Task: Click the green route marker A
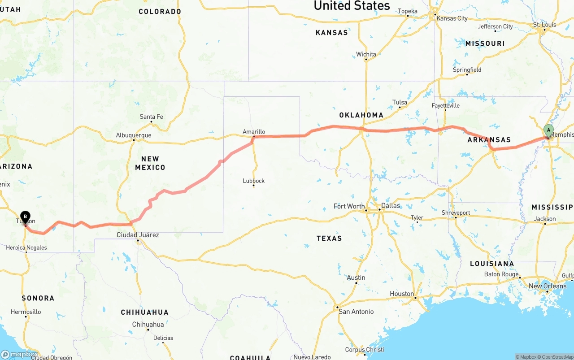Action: pyautogui.click(x=548, y=130)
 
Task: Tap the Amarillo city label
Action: pyautogui.click(x=254, y=132)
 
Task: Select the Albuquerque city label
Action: pyautogui.click(x=134, y=135)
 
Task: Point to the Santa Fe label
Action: pyautogui.click(x=151, y=117)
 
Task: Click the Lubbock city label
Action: pyautogui.click(x=254, y=181)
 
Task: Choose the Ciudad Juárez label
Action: pyautogui.click(x=138, y=235)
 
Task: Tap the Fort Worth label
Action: pyautogui.click(x=349, y=206)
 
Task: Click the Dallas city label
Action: pyautogui.click(x=390, y=206)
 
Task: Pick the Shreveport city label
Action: pyautogui.click(x=456, y=213)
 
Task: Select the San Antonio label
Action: pyautogui.click(x=356, y=312)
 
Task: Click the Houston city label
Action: pyautogui.click(x=402, y=294)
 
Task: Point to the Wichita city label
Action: pyautogui.click(x=366, y=54)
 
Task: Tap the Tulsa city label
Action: pyautogui.click(x=400, y=102)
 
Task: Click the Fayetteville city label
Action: pyautogui.click(x=445, y=106)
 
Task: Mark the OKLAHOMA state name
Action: pyautogui.click(x=361, y=115)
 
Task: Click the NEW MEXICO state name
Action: pyautogui.click(x=150, y=163)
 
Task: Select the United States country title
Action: pyautogui.click(x=352, y=5)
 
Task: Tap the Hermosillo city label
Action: pyautogui.click(x=26, y=312)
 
